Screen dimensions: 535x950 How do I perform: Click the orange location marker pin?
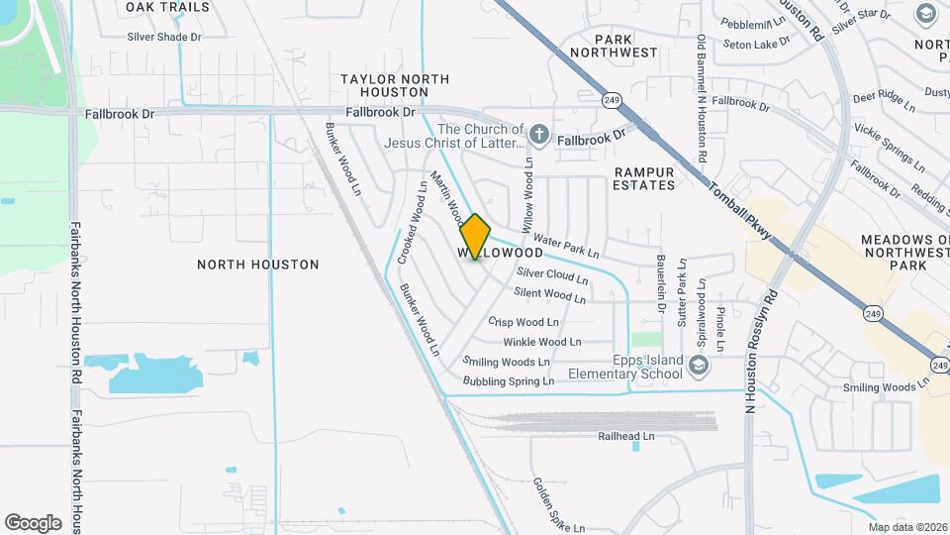point(475,236)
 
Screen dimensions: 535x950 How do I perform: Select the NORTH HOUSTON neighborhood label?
point(257,265)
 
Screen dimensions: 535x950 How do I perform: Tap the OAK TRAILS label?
point(167,7)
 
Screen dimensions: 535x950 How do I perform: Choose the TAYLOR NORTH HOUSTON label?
point(395,85)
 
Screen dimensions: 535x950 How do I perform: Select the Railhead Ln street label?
point(626,436)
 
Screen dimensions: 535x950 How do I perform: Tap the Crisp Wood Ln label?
point(523,322)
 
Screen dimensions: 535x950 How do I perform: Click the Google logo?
point(33,522)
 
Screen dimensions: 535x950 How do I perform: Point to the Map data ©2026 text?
point(906,527)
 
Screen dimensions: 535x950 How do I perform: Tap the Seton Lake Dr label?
point(756,43)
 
